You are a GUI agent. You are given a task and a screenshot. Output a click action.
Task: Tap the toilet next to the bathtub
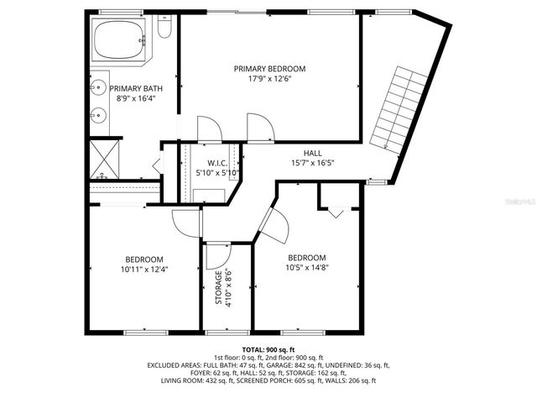coord(164,31)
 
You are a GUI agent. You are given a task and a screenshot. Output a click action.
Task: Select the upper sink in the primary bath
coord(96,87)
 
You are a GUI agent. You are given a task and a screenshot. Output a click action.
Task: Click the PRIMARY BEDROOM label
coord(269,69)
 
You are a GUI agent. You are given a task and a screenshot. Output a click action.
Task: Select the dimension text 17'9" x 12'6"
coord(269,79)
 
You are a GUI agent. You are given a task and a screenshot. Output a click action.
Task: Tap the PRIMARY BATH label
coord(136,88)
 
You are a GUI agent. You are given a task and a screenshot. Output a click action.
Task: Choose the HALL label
coord(312,153)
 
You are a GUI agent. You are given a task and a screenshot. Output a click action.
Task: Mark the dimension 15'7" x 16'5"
coord(312,163)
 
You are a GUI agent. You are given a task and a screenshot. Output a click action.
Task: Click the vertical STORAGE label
coord(219,287)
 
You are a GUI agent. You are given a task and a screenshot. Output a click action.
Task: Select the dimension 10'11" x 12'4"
coord(144,270)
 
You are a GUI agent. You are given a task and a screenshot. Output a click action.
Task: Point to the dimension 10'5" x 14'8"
coord(306,268)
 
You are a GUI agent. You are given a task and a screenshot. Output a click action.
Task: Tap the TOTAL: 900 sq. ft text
coord(268,349)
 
